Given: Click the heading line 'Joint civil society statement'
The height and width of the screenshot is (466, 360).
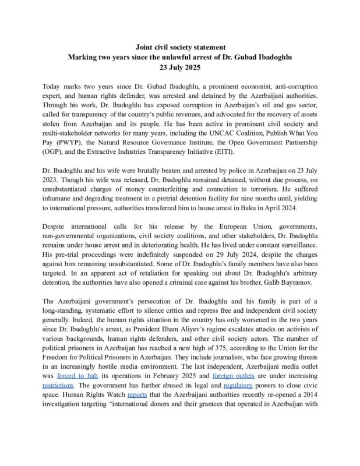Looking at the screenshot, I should coord(179,46).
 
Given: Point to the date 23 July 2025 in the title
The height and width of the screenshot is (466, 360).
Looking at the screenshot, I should coord(179,67).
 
